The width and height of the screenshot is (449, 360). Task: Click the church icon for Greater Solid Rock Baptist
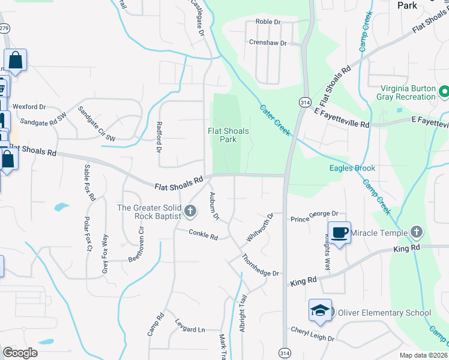click(x=190, y=210)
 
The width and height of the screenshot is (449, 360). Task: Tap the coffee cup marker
click(x=339, y=233)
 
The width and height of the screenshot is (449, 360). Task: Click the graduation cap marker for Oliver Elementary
click(x=320, y=310)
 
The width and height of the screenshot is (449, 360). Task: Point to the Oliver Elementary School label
click(x=384, y=313)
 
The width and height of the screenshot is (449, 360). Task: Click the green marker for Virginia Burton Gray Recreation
click(x=444, y=92)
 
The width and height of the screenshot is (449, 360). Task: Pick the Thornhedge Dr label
click(x=260, y=265)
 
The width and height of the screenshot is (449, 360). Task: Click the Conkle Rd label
click(x=203, y=235)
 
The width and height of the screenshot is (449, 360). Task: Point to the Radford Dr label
click(x=160, y=137)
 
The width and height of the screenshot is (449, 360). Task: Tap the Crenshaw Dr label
click(x=268, y=43)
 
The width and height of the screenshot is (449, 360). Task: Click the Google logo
click(x=20, y=352)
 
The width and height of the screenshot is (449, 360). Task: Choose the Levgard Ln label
click(x=190, y=329)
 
